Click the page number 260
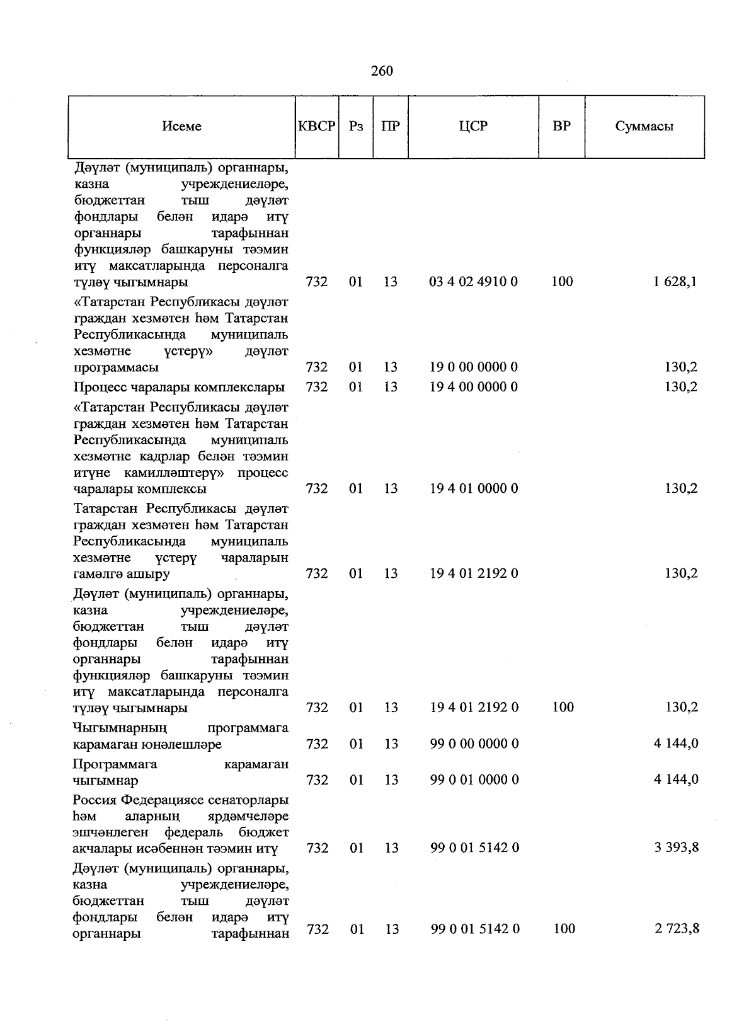click(x=382, y=71)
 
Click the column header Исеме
click(x=181, y=126)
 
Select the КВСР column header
click(x=316, y=126)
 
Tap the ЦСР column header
click(x=473, y=126)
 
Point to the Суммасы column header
click(x=644, y=126)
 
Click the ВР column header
click(x=561, y=126)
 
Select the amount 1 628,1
click(x=675, y=281)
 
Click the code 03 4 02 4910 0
click(x=473, y=281)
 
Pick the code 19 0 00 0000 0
click(x=473, y=367)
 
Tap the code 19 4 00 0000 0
click(x=473, y=386)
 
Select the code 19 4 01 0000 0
click(x=474, y=488)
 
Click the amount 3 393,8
click(x=676, y=848)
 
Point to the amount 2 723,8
click(x=677, y=928)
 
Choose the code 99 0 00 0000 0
click(x=474, y=744)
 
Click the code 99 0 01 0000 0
click(x=474, y=780)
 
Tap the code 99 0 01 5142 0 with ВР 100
click(x=475, y=928)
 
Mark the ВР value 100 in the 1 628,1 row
click(x=562, y=281)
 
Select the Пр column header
click(x=390, y=126)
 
